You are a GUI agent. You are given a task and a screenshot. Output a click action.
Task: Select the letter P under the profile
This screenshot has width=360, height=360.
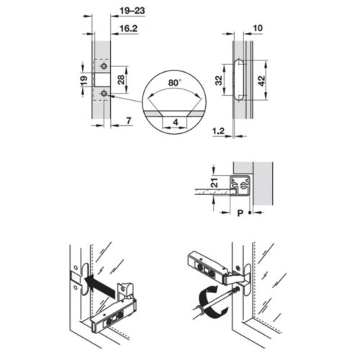[x=240, y=213]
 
